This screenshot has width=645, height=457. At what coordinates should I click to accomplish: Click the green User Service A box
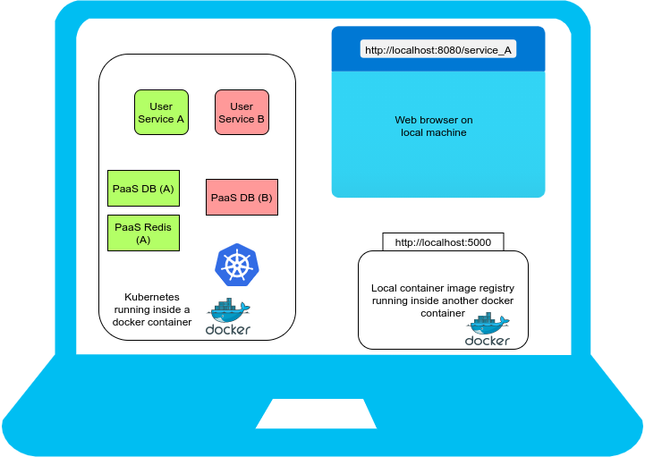coord(161,113)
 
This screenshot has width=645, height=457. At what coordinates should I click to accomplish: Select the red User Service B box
coord(242,113)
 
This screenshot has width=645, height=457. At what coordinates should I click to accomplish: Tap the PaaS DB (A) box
coord(143,189)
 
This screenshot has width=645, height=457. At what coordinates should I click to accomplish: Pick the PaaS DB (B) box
coord(242,198)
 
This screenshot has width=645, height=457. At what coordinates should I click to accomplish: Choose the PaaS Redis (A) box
coord(143,233)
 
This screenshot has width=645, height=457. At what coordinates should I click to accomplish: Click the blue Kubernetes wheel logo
coord(236,265)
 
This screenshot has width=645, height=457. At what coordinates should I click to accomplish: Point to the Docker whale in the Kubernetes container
coord(228,310)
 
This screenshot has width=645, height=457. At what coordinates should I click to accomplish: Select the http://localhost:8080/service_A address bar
coord(438,50)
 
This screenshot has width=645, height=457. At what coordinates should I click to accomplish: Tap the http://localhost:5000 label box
coord(443,242)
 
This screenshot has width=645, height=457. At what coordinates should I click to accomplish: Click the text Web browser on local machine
coord(434,126)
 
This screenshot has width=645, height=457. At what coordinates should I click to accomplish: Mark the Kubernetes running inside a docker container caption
coord(152,309)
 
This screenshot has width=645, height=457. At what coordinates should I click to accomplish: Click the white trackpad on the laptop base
coord(322,413)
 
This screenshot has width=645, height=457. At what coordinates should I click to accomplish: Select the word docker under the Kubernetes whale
coord(228,330)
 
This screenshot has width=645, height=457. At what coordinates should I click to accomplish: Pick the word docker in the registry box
coord(488,341)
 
